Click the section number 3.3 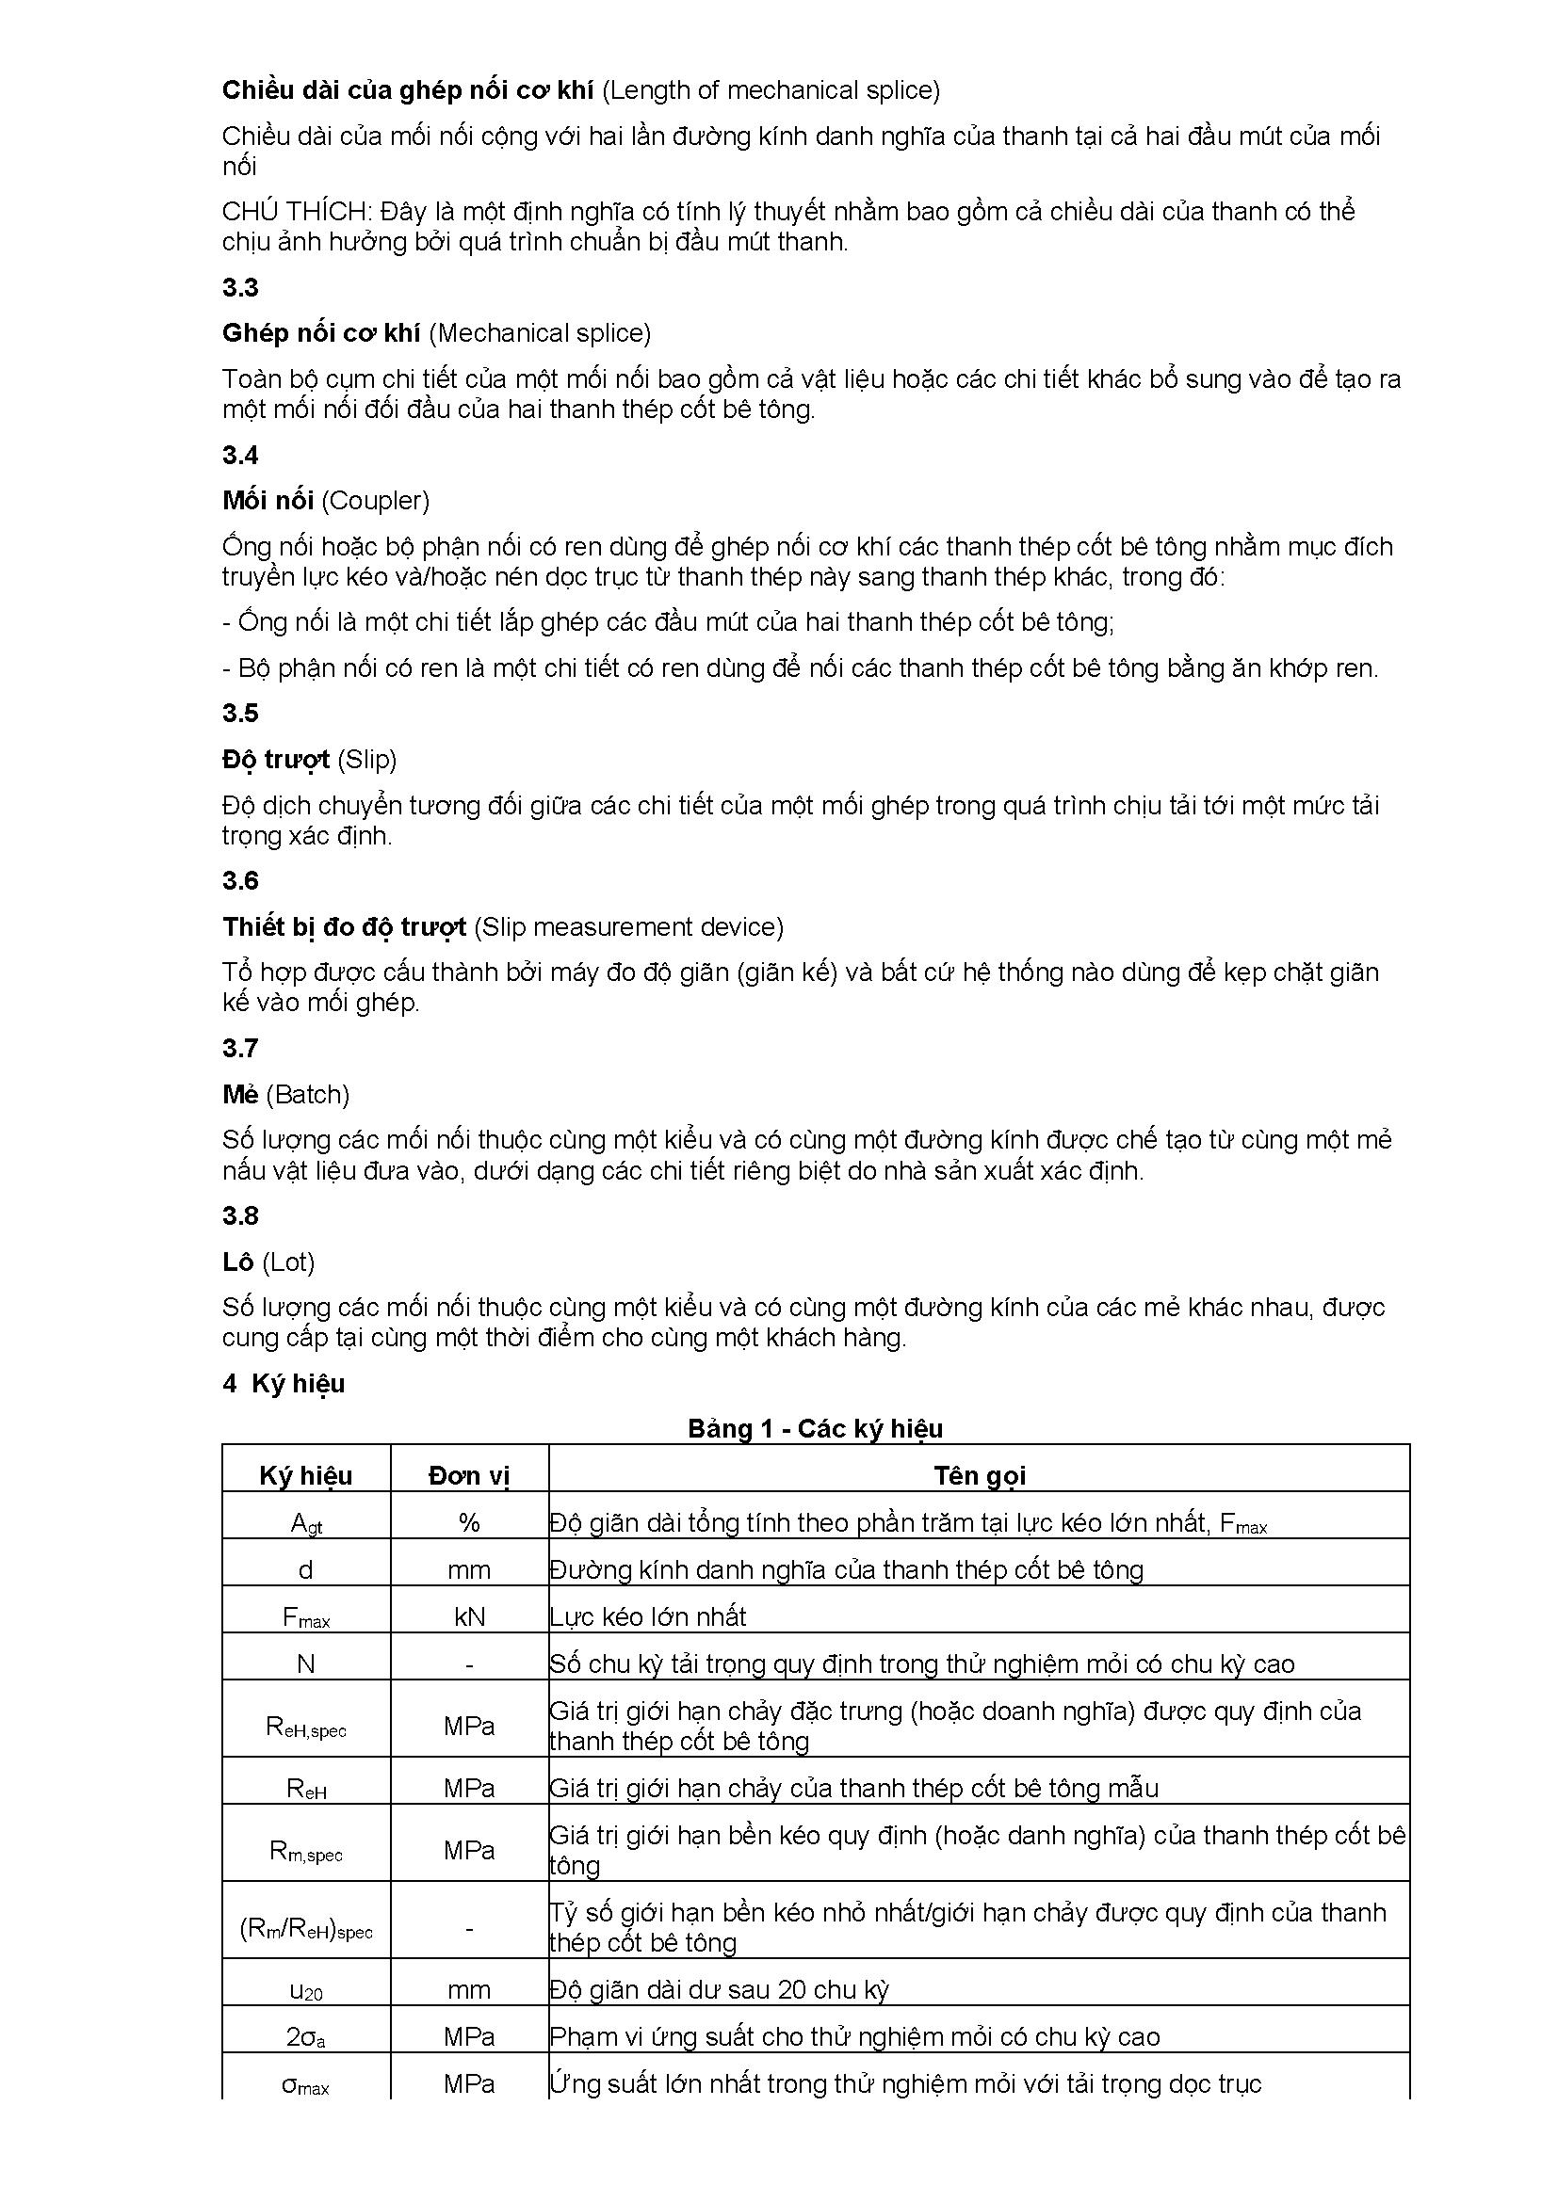(240, 288)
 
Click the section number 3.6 (240, 880)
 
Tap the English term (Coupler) (375, 501)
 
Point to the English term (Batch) (307, 1094)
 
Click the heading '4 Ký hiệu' (283, 1384)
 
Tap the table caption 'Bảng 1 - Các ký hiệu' (815, 1429)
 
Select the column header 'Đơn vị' (469, 1476)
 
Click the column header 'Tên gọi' (980, 1476)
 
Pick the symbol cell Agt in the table (306, 1524)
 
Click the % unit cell (469, 1523)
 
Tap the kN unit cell (469, 1617)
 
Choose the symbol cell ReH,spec (306, 1728)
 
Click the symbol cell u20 (306, 1990)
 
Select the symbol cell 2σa (306, 2037)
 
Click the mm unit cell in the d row (469, 1570)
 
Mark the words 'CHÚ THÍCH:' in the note (296, 211)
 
